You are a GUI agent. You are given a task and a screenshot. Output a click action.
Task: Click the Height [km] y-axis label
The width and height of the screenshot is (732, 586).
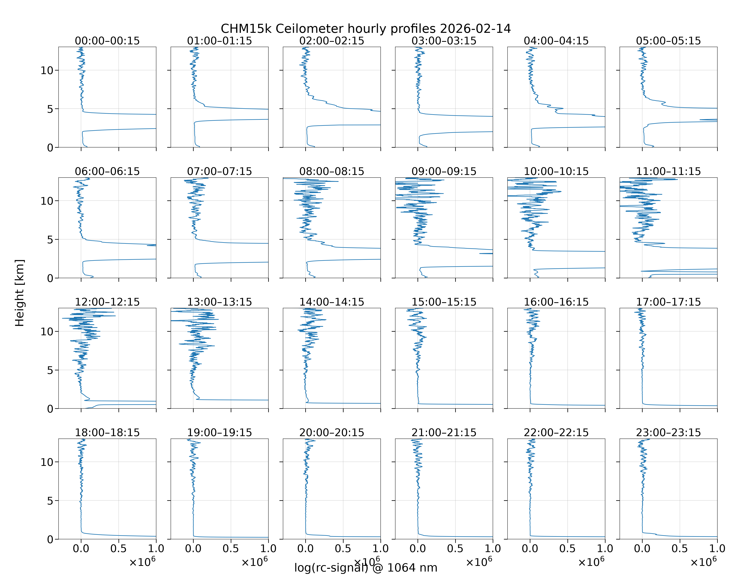[x=20, y=293]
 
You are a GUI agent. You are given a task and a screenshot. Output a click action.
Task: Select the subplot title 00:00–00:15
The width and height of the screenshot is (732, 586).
[x=107, y=41]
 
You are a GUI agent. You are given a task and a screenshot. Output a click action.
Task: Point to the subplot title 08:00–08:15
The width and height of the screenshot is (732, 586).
[x=332, y=171]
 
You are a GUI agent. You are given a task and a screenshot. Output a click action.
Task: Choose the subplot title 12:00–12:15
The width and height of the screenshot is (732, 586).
[x=107, y=302]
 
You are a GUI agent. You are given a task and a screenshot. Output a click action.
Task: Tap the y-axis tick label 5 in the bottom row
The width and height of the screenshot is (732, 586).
[x=50, y=501]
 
